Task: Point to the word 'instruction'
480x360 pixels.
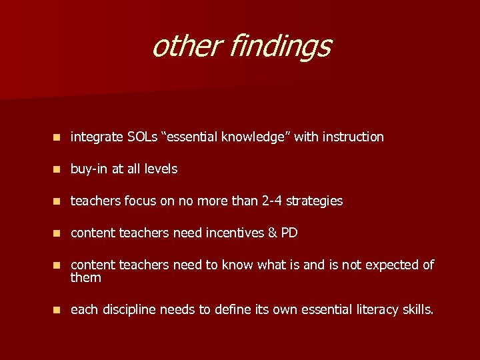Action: pos(353,137)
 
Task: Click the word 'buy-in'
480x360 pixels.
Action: pos(90,169)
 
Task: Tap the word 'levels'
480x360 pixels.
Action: pos(161,169)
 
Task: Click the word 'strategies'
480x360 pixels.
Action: pos(317,201)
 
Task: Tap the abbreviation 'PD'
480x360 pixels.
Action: pos(289,233)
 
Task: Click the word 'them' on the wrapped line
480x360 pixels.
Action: pos(86,277)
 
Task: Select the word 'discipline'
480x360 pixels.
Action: pos(129,310)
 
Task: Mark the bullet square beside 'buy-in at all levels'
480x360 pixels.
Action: pos(58,169)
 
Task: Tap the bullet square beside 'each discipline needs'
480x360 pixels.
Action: pos(58,310)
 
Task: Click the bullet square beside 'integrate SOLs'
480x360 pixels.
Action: pos(58,137)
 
